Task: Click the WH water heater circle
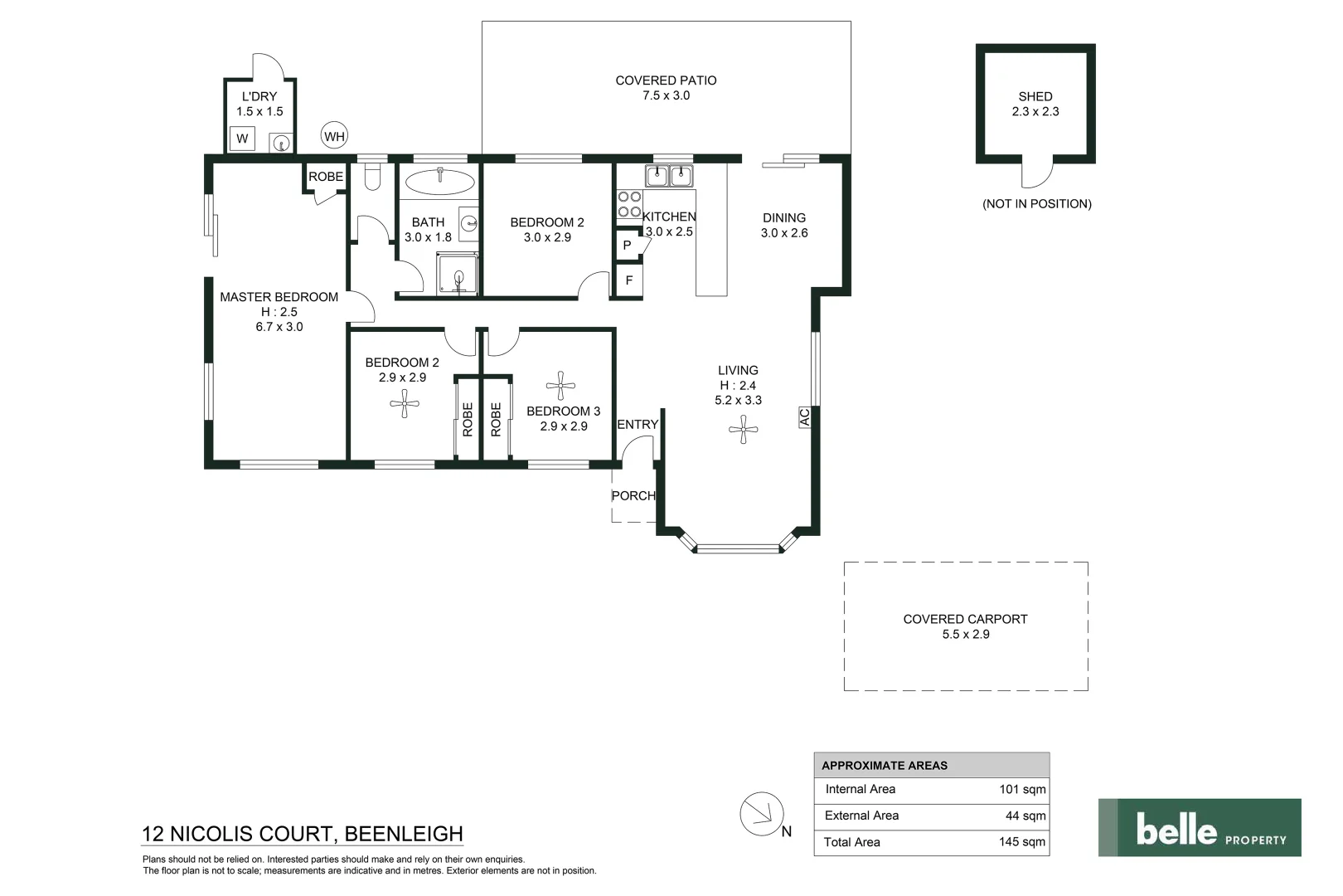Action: coord(334,137)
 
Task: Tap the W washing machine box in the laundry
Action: coord(242,139)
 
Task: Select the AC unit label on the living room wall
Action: coord(803,416)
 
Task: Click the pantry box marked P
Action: coord(627,246)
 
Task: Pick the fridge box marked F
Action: coord(628,280)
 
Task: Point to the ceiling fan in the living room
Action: coord(743,430)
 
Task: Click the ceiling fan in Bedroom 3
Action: coord(561,385)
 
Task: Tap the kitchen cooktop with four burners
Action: coord(629,204)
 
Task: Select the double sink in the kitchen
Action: coord(669,176)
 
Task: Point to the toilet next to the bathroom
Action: coord(371,177)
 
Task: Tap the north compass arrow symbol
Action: coord(761,813)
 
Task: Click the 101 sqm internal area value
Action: coord(1022,790)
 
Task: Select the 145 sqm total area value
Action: coord(1022,842)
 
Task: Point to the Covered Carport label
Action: coord(965,619)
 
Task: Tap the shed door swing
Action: coord(1036,174)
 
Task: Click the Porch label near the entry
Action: coord(633,496)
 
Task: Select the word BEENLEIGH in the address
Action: coord(404,834)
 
